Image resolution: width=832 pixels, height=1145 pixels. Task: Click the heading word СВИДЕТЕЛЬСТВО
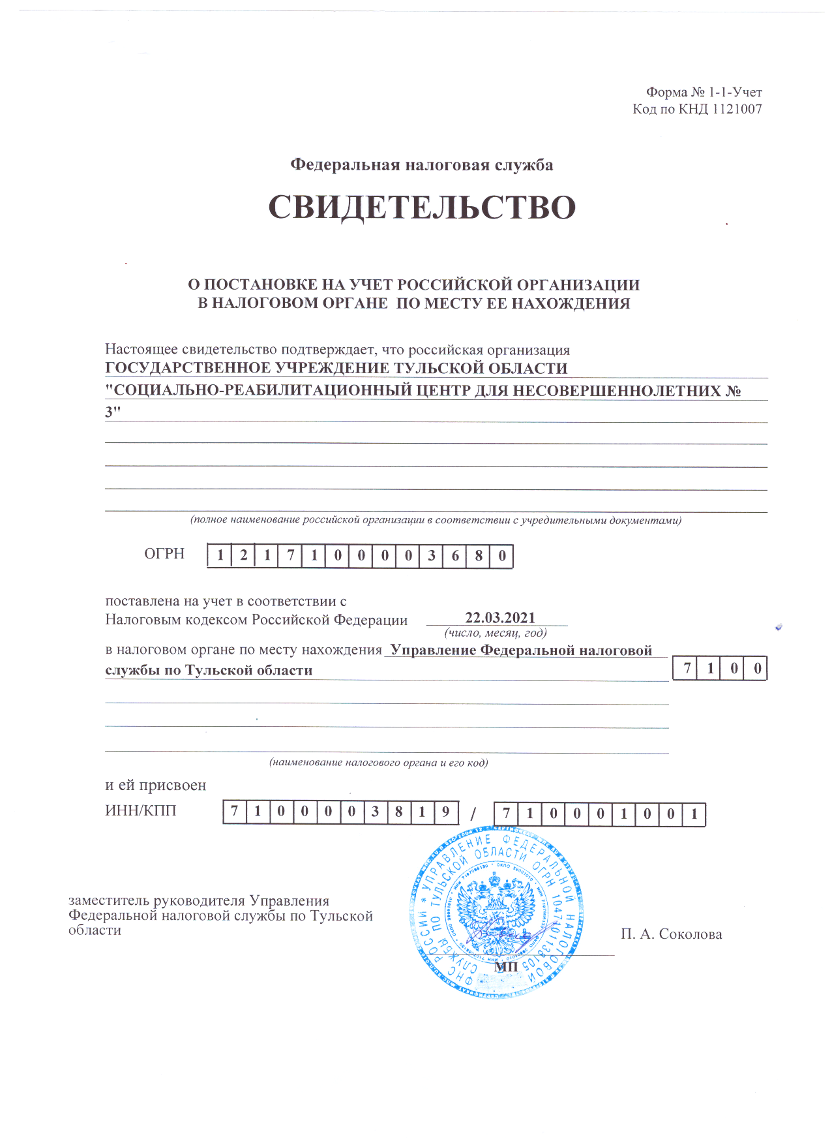click(422, 207)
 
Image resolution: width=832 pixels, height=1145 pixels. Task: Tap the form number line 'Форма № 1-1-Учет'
click(704, 93)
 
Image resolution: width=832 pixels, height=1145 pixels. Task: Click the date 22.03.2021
click(499, 618)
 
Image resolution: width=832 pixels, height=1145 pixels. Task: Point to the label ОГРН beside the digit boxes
click(164, 554)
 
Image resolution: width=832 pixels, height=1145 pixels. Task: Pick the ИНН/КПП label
click(141, 811)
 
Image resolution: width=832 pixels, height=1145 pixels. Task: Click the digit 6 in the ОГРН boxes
click(455, 557)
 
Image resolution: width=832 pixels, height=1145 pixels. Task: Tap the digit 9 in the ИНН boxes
click(446, 813)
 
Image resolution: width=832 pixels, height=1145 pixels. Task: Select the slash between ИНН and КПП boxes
click(474, 814)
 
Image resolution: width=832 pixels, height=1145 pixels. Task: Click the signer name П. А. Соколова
click(671, 934)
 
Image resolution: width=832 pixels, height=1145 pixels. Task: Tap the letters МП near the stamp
click(505, 966)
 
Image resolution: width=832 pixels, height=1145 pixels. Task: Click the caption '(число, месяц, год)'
click(496, 633)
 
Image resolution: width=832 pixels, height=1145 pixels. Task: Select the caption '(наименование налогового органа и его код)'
click(379, 763)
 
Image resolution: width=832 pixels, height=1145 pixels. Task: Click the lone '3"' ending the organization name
click(113, 412)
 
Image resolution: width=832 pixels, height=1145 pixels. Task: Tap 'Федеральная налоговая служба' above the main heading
click(421, 165)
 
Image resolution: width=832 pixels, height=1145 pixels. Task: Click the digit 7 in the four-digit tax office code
click(687, 669)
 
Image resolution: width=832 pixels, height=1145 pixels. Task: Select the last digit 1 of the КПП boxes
click(694, 814)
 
